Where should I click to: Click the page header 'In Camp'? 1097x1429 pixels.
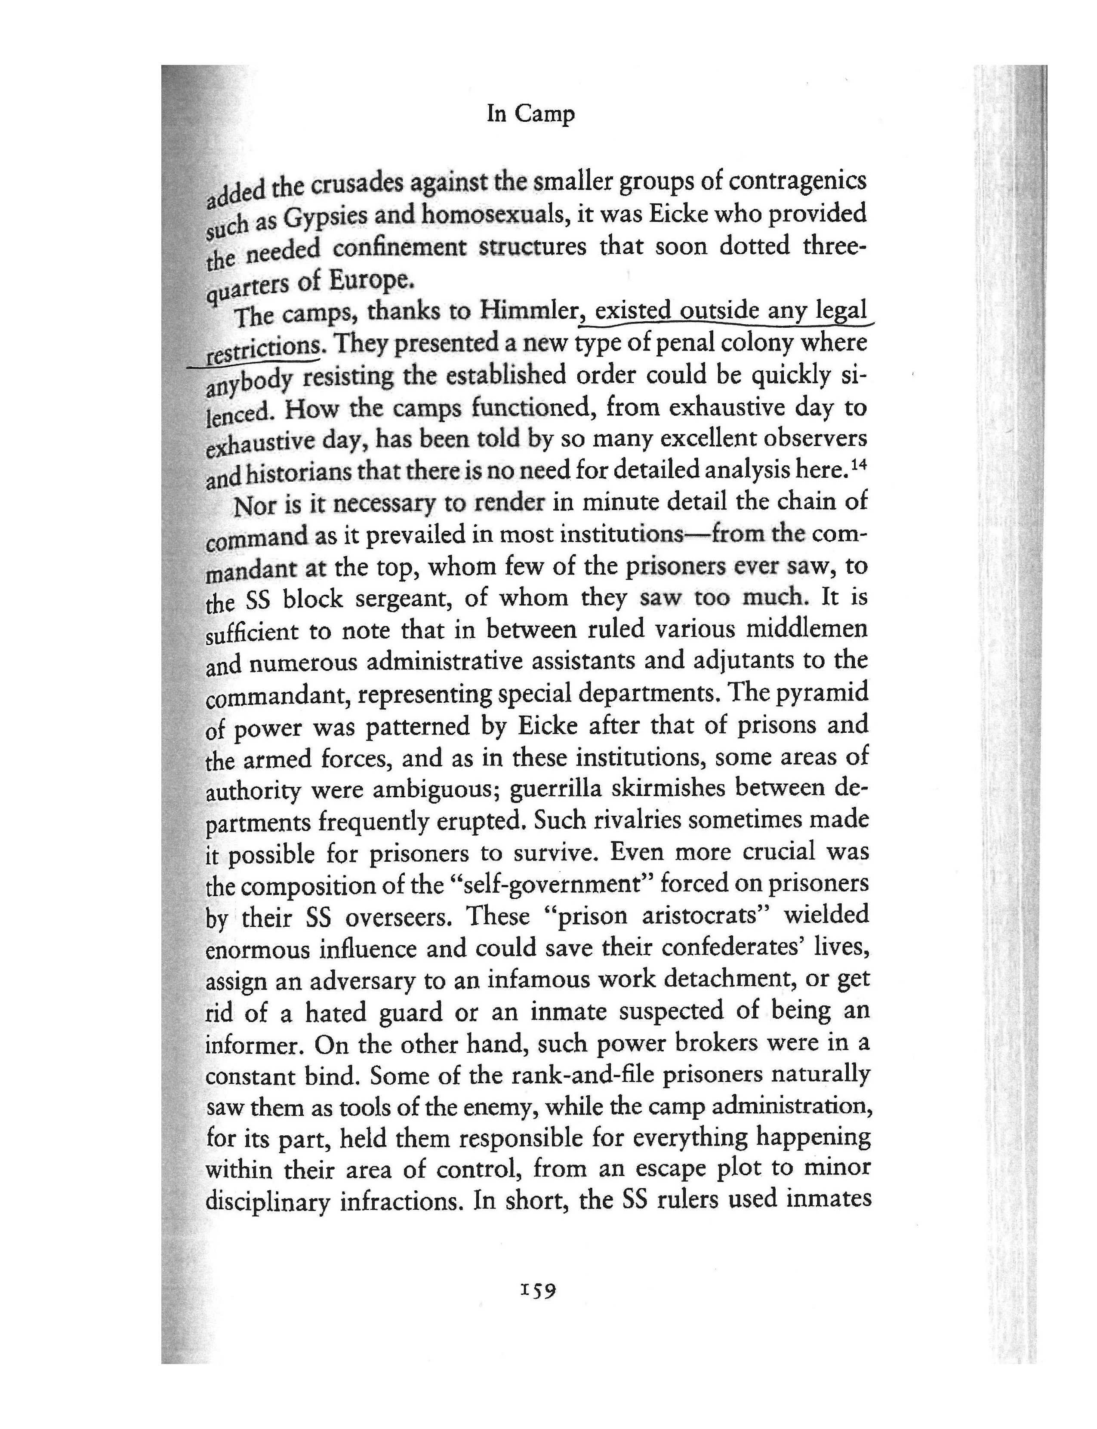coord(530,114)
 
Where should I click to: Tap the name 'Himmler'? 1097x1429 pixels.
coord(528,311)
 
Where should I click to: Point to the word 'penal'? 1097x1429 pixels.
coord(706,343)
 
